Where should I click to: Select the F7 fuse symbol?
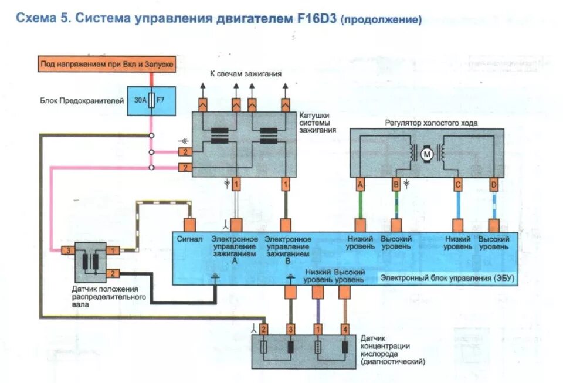point(152,100)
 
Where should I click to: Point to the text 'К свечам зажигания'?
point(246,74)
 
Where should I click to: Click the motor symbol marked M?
point(427,154)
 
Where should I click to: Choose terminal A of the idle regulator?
point(359,185)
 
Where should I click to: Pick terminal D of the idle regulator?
point(494,185)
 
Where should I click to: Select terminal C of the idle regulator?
point(457,185)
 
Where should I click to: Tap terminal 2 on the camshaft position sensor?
point(114,273)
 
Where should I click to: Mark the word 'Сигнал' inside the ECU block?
point(189,239)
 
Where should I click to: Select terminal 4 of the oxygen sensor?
point(345,329)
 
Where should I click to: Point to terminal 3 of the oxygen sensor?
point(290,329)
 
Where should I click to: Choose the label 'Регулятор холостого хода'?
point(431,123)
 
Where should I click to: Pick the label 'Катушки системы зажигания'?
point(317,123)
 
